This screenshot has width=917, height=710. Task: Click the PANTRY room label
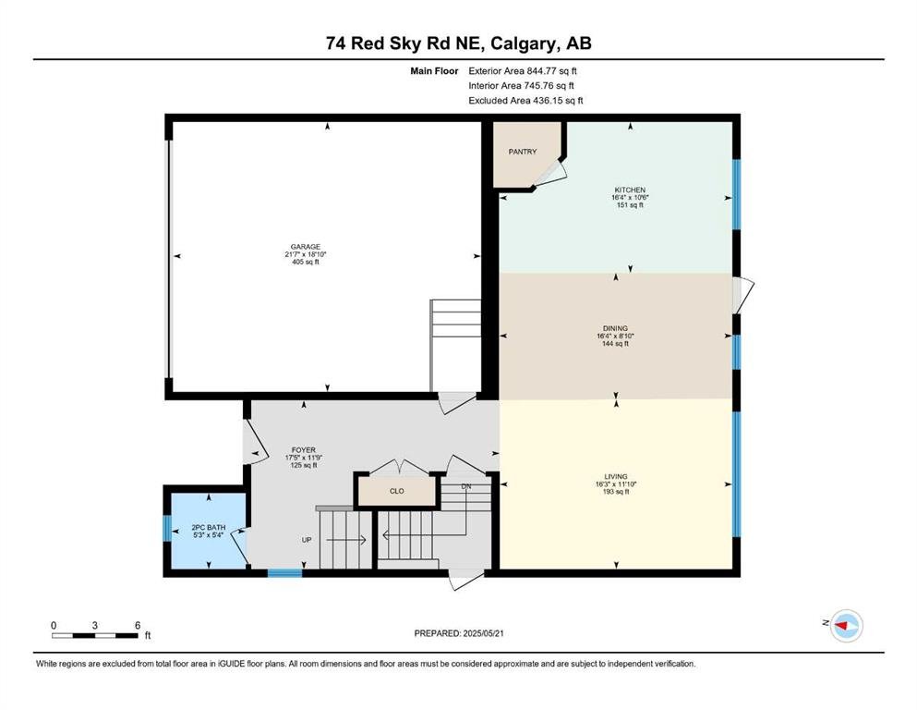pyautogui.click(x=523, y=152)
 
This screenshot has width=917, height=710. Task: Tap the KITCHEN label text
pyautogui.click(x=630, y=190)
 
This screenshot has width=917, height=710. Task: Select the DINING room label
pyautogui.click(x=615, y=328)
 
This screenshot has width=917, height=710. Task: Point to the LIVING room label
pyautogui.click(x=616, y=476)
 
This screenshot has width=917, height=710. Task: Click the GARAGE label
pyautogui.click(x=306, y=247)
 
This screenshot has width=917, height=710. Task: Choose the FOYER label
pyautogui.click(x=304, y=450)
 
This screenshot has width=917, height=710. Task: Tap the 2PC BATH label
pyautogui.click(x=208, y=527)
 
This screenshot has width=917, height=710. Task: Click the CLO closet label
pyautogui.click(x=396, y=491)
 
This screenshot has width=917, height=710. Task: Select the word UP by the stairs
pyautogui.click(x=307, y=540)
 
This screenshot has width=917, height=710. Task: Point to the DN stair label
pyautogui.click(x=466, y=486)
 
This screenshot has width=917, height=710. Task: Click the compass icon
pyautogui.click(x=847, y=626)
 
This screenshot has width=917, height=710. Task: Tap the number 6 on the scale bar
pyautogui.click(x=138, y=625)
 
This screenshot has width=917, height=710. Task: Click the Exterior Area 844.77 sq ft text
pyautogui.click(x=523, y=71)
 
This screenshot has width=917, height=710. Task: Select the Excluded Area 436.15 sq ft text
pyautogui.click(x=525, y=101)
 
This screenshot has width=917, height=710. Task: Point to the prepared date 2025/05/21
pyautogui.click(x=483, y=633)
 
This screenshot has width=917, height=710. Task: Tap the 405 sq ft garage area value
pyautogui.click(x=306, y=263)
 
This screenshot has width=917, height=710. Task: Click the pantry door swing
pyautogui.click(x=550, y=173)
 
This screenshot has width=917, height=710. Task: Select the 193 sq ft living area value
pyautogui.click(x=616, y=492)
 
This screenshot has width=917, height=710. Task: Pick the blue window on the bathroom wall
pyautogui.click(x=167, y=528)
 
